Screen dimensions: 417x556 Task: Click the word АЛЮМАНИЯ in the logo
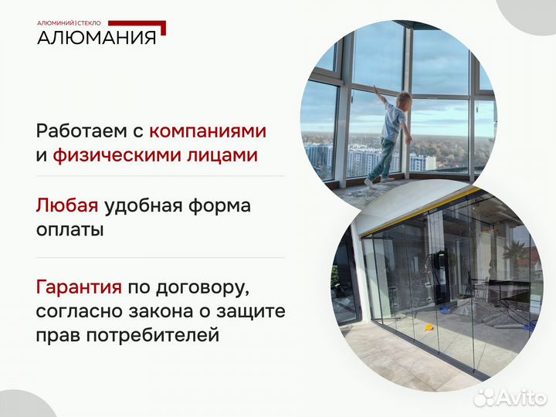coord(97,37)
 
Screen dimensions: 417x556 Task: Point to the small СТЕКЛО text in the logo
coord(89,23)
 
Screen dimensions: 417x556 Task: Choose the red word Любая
coord(67,205)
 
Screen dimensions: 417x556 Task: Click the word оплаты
coord(69,230)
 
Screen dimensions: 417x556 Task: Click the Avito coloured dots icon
coord(484,397)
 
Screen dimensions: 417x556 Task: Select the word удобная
coord(150,205)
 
